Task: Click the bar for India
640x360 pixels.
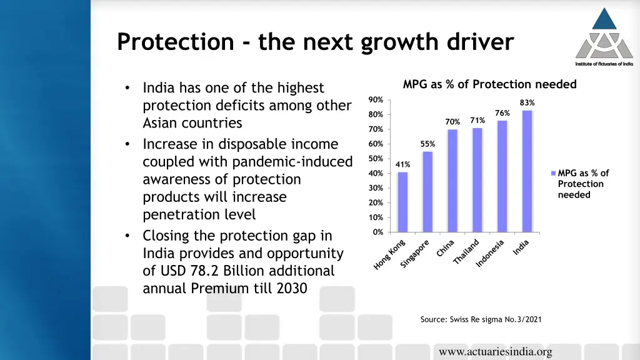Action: point(527,171)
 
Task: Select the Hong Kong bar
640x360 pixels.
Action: point(402,202)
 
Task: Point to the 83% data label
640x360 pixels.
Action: point(527,103)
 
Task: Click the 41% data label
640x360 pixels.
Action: point(402,164)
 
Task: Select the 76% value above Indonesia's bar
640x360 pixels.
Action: point(502,113)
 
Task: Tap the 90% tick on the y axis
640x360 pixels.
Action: point(376,100)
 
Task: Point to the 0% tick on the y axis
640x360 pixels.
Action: point(377,232)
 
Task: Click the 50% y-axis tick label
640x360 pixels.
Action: point(376,159)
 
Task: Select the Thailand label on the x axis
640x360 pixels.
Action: point(466,252)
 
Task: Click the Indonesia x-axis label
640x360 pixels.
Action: point(490,254)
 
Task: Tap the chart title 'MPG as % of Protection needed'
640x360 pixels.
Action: point(489,84)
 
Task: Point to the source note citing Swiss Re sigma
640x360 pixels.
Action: point(481,319)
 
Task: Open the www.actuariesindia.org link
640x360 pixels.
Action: point(495,352)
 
